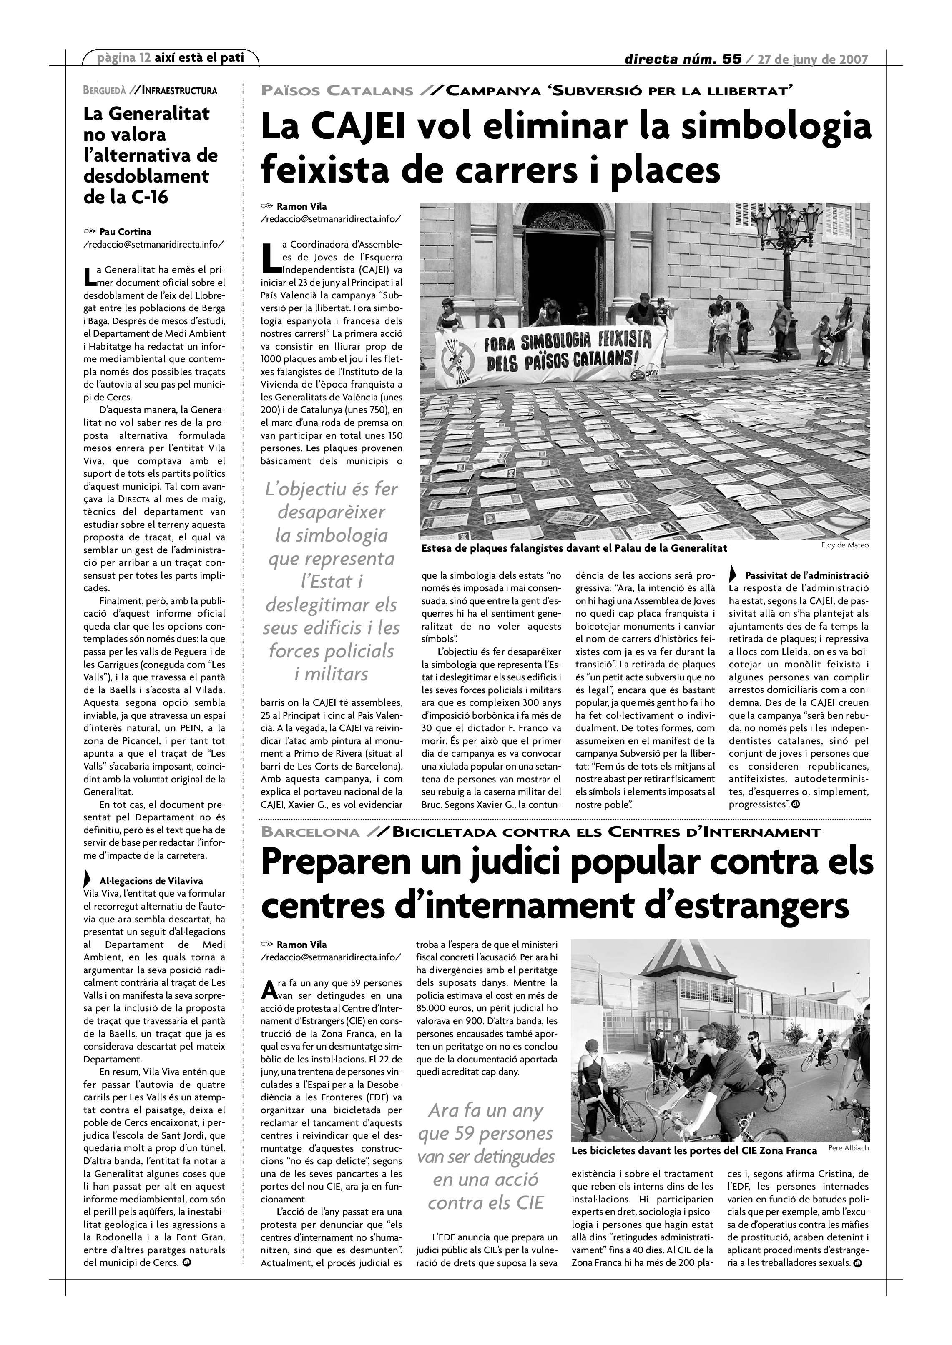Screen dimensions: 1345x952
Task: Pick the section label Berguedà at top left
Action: click(x=105, y=90)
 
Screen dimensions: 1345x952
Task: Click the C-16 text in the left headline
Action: click(x=146, y=197)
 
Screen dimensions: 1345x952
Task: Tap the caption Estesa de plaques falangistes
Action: click(x=574, y=548)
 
